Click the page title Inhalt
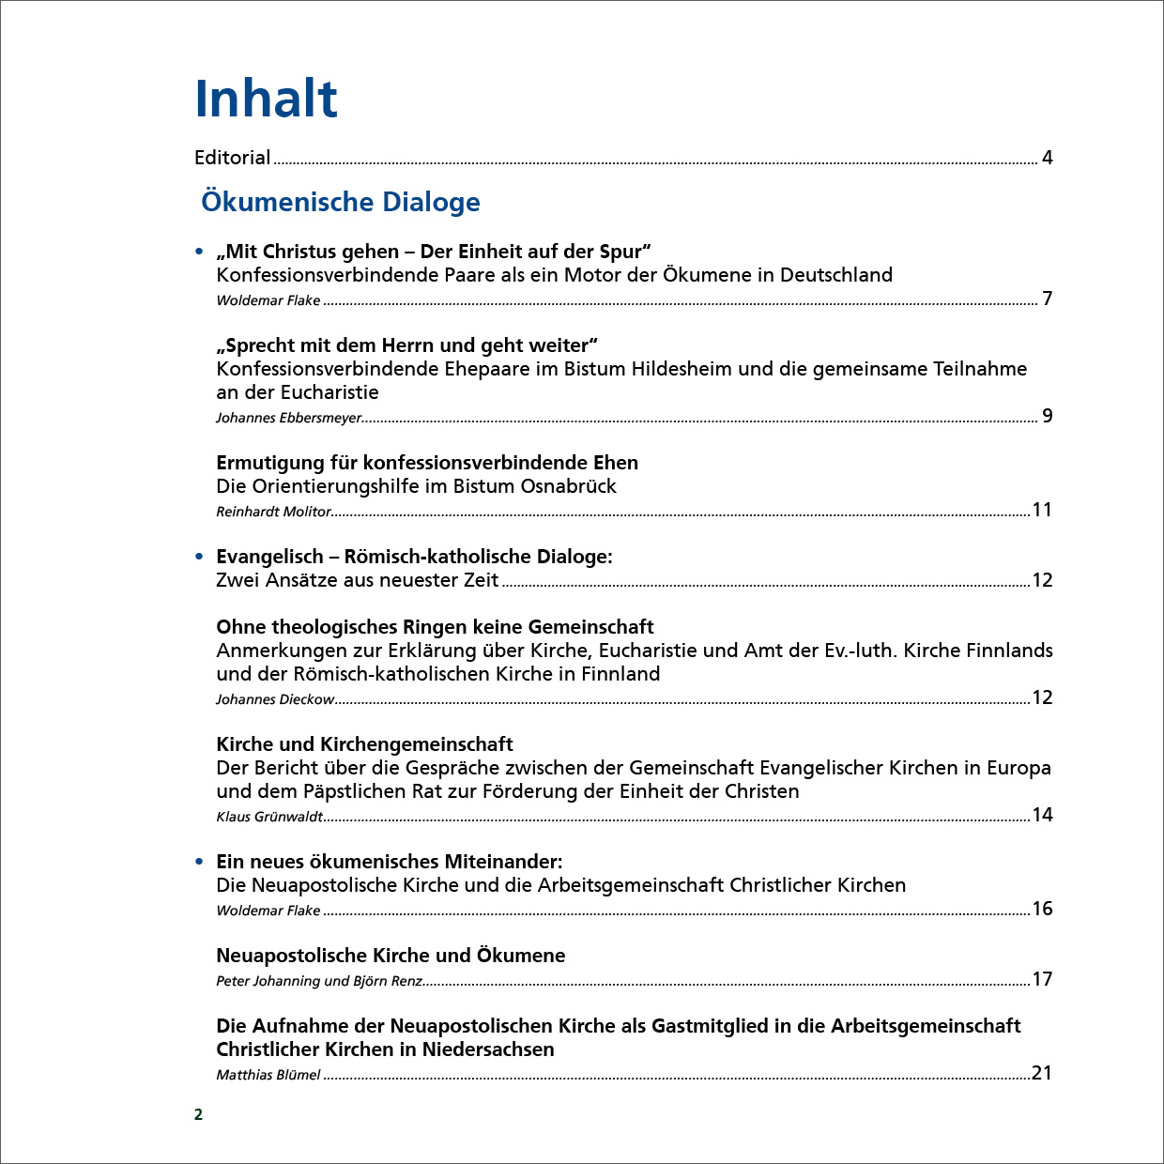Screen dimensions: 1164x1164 point(266,99)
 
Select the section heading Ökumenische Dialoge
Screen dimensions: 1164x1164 point(341,202)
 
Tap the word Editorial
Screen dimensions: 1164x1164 point(232,158)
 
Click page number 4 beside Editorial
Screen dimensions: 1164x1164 point(1048,158)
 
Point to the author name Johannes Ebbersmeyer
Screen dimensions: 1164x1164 point(288,418)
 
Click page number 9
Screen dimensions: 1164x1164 point(1048,416)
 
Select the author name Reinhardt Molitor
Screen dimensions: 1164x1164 point(273,512)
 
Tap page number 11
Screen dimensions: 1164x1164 point(1042,510)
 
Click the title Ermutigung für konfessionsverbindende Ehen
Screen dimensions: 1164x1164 point(427,463)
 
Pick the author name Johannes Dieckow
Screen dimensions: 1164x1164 point(275,699)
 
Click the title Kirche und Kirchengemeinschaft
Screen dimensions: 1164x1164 point(364,744)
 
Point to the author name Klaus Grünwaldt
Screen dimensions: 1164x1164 point(269,817)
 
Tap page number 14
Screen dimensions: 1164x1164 point(1042,815)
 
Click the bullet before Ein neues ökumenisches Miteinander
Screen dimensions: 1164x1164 point(199,862)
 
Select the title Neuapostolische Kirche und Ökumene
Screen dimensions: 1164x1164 point(391,956)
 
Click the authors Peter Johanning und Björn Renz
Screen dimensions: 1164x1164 point(319,981)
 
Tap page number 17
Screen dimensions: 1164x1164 point(1042,979)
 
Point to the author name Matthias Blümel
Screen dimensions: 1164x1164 point(268,1075)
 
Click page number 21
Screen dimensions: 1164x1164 point(1042,1073)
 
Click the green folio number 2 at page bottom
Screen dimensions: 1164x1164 point(198,1114)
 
